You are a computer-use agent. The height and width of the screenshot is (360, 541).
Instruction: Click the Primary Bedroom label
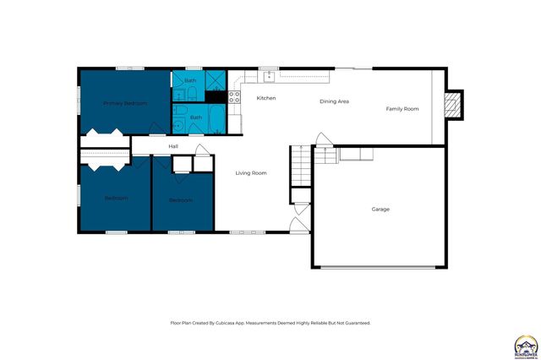pos(125,103)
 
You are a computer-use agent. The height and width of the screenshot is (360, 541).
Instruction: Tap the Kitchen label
pos(266,99)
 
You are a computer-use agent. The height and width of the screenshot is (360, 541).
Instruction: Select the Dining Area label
pos(334,101)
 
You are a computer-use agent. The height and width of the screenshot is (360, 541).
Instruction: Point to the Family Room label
pos(402,109)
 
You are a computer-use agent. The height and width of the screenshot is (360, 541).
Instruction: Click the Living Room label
pos(251,173)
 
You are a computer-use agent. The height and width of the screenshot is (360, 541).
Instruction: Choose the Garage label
pos(380,209)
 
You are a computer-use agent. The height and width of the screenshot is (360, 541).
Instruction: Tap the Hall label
pos(172,146)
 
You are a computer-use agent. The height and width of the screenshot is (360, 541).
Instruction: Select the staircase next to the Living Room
pos(302,165)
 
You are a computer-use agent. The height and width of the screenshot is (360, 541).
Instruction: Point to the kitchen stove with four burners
pos(235,97)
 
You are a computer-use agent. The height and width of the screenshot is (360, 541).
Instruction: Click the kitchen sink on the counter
pos(269,77)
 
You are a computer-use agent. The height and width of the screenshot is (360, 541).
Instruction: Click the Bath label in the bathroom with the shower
pos(189,81)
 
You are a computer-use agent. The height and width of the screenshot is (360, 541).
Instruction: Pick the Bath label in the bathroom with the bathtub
pos(195,117)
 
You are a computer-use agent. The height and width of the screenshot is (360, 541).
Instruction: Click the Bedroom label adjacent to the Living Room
pos(180,200)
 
